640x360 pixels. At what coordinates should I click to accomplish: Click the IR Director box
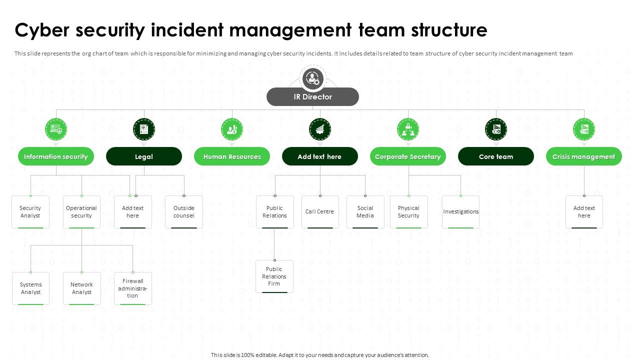point(312,97)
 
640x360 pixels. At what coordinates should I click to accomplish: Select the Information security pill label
point(56,156)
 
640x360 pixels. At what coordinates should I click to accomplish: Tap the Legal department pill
point(144,156)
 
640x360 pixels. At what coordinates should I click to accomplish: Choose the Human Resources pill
point(232,156)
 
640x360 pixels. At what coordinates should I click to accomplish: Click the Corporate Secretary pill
point(408,156)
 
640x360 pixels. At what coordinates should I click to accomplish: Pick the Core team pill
point(496,156)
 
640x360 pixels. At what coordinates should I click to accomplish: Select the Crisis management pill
point(583,156)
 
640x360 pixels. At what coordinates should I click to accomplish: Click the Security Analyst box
point(30,212)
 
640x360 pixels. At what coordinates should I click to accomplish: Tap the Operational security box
point(81,212)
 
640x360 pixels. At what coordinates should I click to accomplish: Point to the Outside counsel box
point(184,212)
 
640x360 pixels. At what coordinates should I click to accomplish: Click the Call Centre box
point(320,212)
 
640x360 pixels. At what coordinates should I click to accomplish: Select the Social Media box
point(365,212)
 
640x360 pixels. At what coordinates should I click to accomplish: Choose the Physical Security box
point(408,212)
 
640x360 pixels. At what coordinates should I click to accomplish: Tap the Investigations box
point(460,212)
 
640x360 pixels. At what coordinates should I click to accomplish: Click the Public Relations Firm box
point(274,276)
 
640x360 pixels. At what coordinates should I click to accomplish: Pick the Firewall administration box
point(132,288)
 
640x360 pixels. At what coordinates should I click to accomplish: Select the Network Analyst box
point(81,288)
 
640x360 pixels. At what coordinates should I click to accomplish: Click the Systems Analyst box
point(30,288)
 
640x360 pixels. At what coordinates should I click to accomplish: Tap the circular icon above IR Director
point(313,78)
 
